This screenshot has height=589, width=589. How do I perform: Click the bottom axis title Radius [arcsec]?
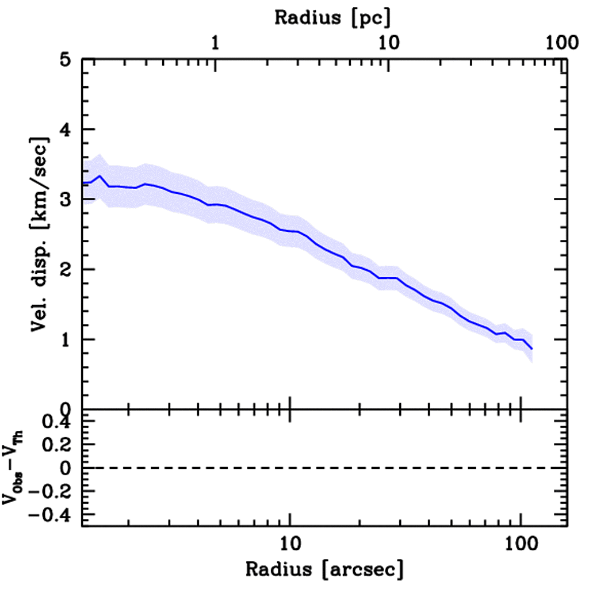click(x=325, y=570)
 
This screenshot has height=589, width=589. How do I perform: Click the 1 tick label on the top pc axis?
click(x=216, y=44)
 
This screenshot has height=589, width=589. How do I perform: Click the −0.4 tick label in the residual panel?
click(x=53, y=514)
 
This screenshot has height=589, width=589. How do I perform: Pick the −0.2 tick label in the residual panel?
click(x=53, y=491)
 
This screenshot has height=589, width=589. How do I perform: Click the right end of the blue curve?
click(x=532, y=349)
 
